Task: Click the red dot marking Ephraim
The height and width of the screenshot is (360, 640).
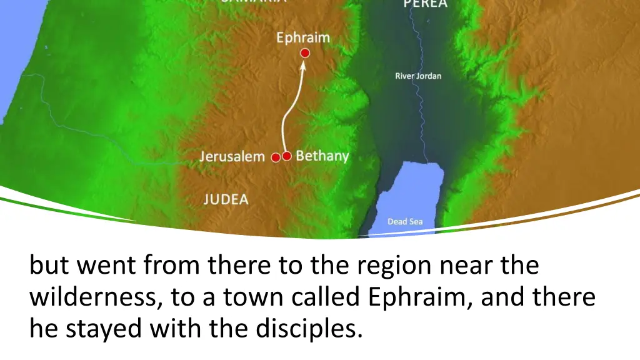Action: (305, 53)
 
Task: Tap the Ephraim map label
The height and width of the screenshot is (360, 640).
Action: (303, 37)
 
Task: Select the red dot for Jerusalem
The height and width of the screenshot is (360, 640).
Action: (276, 157)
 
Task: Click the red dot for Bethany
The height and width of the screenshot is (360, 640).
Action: (287, 156)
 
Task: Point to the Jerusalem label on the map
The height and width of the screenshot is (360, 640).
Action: (232, 156)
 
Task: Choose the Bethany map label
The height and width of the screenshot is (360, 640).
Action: (322, 156)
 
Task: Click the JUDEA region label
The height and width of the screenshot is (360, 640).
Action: (226, 200)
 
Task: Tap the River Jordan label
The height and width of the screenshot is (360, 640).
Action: (418, 76)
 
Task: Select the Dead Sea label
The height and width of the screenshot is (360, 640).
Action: (405, 221)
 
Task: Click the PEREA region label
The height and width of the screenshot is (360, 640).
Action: (425, 4)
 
